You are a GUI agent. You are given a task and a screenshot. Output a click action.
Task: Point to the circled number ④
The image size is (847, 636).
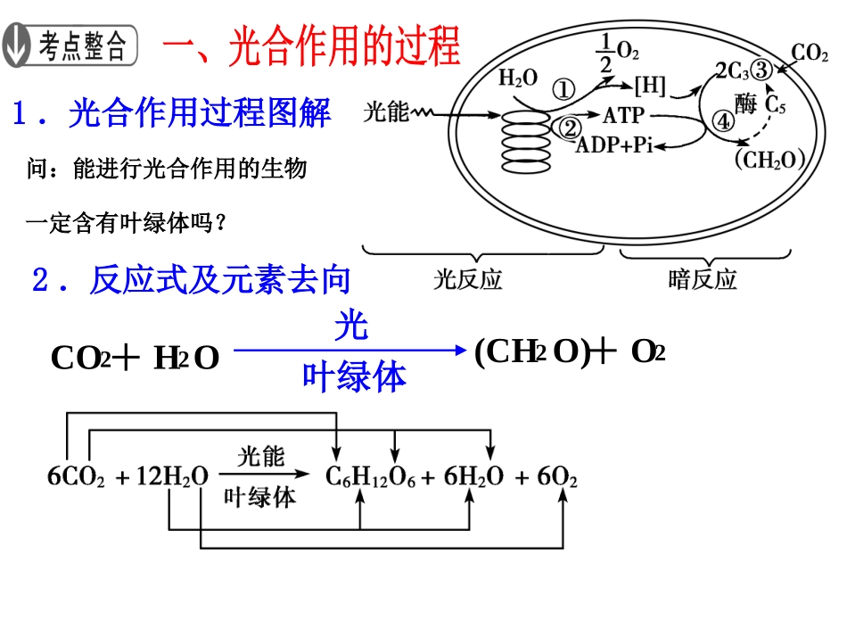(x=722, y=120)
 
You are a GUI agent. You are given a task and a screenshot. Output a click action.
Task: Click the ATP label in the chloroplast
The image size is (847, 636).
(x=623, y=116)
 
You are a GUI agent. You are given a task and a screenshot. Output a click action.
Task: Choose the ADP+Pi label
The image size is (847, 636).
(x=615, y=145)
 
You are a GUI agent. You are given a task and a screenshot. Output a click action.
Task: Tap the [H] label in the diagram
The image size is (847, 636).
(x=649, y=87)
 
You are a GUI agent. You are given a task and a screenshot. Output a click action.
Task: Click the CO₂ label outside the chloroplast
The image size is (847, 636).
(x=810, y=54)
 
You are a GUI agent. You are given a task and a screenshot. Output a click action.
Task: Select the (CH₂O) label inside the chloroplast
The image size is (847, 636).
(x=769, y=161)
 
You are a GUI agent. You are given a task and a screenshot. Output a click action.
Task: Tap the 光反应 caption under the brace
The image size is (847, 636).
(x=468, y=280)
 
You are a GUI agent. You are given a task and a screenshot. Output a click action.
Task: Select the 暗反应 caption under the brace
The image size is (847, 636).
(x=703, y=280)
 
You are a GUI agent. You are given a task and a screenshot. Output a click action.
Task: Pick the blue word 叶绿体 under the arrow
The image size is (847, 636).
(x=354, y=377)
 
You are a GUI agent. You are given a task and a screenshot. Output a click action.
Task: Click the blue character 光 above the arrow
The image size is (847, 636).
(x=351, y=327)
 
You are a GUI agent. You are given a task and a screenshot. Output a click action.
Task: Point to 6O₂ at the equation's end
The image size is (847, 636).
(x=557, y=478)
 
